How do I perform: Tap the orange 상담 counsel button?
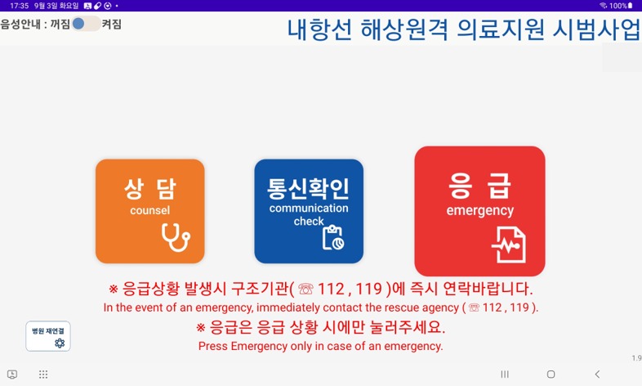point(149,211)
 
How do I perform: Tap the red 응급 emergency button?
point(479,211)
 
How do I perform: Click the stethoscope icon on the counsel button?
point(176,237)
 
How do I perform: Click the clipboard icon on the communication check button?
point(333,237)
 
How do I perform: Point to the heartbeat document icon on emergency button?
point(509,245)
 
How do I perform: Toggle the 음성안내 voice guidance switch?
point(86,24)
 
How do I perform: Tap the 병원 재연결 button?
point(48,336)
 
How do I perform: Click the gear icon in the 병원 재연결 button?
point(60,343)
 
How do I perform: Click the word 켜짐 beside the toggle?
point(111,25)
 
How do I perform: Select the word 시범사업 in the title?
point(596,29)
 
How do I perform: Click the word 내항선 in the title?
point(319,29)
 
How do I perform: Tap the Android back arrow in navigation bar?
point(597,374)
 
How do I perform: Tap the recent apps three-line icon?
point(505,374)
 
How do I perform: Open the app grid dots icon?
point(43,374)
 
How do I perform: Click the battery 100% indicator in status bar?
point(621,6)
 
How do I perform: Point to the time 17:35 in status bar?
point(20,6)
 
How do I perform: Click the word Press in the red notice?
point(213,346)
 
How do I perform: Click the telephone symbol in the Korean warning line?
point(305,289)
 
